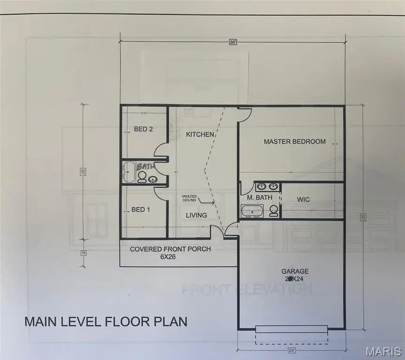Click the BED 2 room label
144,129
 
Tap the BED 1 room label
140,210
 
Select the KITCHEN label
200,135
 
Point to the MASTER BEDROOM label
294,141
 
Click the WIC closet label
304,200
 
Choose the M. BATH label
260,197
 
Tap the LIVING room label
196,215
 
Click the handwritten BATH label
145,166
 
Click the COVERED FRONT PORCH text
170,249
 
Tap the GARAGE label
295,271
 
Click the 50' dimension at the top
233,42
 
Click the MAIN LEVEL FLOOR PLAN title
106,322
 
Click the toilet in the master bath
274,211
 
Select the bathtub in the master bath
253,211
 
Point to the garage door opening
291,330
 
